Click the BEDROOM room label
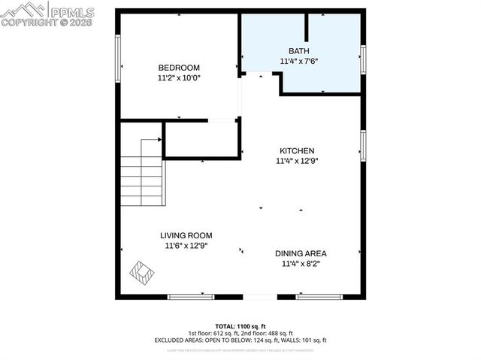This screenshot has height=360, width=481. pyautogui.click(x=179, y=67)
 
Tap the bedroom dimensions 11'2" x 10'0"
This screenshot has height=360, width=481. pyautogui.click(x=179, y=77)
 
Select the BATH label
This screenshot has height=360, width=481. pyautogui.click(x=299, y=50)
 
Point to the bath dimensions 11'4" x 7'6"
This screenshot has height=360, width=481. pyautogui.click(x=299, y=61)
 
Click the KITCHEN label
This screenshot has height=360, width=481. pyautogui.click(x=297, y=150)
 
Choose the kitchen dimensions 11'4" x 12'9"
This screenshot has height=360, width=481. pyautogui.click(x=297, y=160)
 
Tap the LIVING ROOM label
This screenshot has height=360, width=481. pyautogui.click(x=186, y=235)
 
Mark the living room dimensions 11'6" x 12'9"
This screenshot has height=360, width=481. pyautogui.click(x=186, y=245)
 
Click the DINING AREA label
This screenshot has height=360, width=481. pyautogui.click(x=301, y=253)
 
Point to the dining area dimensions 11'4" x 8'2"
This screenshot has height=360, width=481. pyautogui.click(x=301, y=264)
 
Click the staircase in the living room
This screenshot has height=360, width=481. pyautogui.click(x=142, y=175)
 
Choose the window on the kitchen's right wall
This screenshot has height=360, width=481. pyautogui.click(x=363, y=146)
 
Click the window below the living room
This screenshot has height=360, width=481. pyautogui.click(x=191, y=297)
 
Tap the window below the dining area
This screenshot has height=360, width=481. pyautogui.click(x=319, y=297)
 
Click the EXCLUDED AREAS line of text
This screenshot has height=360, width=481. pyautogui.click(x=240, y=340)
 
